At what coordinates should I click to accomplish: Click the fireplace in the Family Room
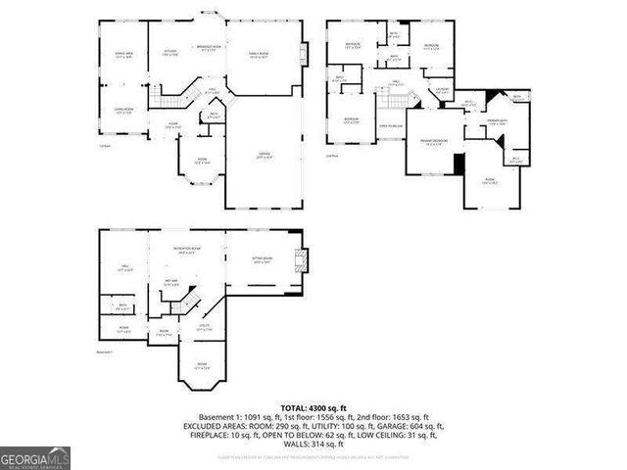304,51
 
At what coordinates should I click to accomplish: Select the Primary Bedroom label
434,141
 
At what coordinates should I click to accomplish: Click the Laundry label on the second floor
442,91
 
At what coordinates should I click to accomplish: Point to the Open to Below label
392,125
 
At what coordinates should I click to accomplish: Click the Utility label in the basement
205,326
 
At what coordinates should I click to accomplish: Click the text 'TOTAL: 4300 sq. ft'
313,406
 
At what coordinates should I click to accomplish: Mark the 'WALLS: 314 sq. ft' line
313,443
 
